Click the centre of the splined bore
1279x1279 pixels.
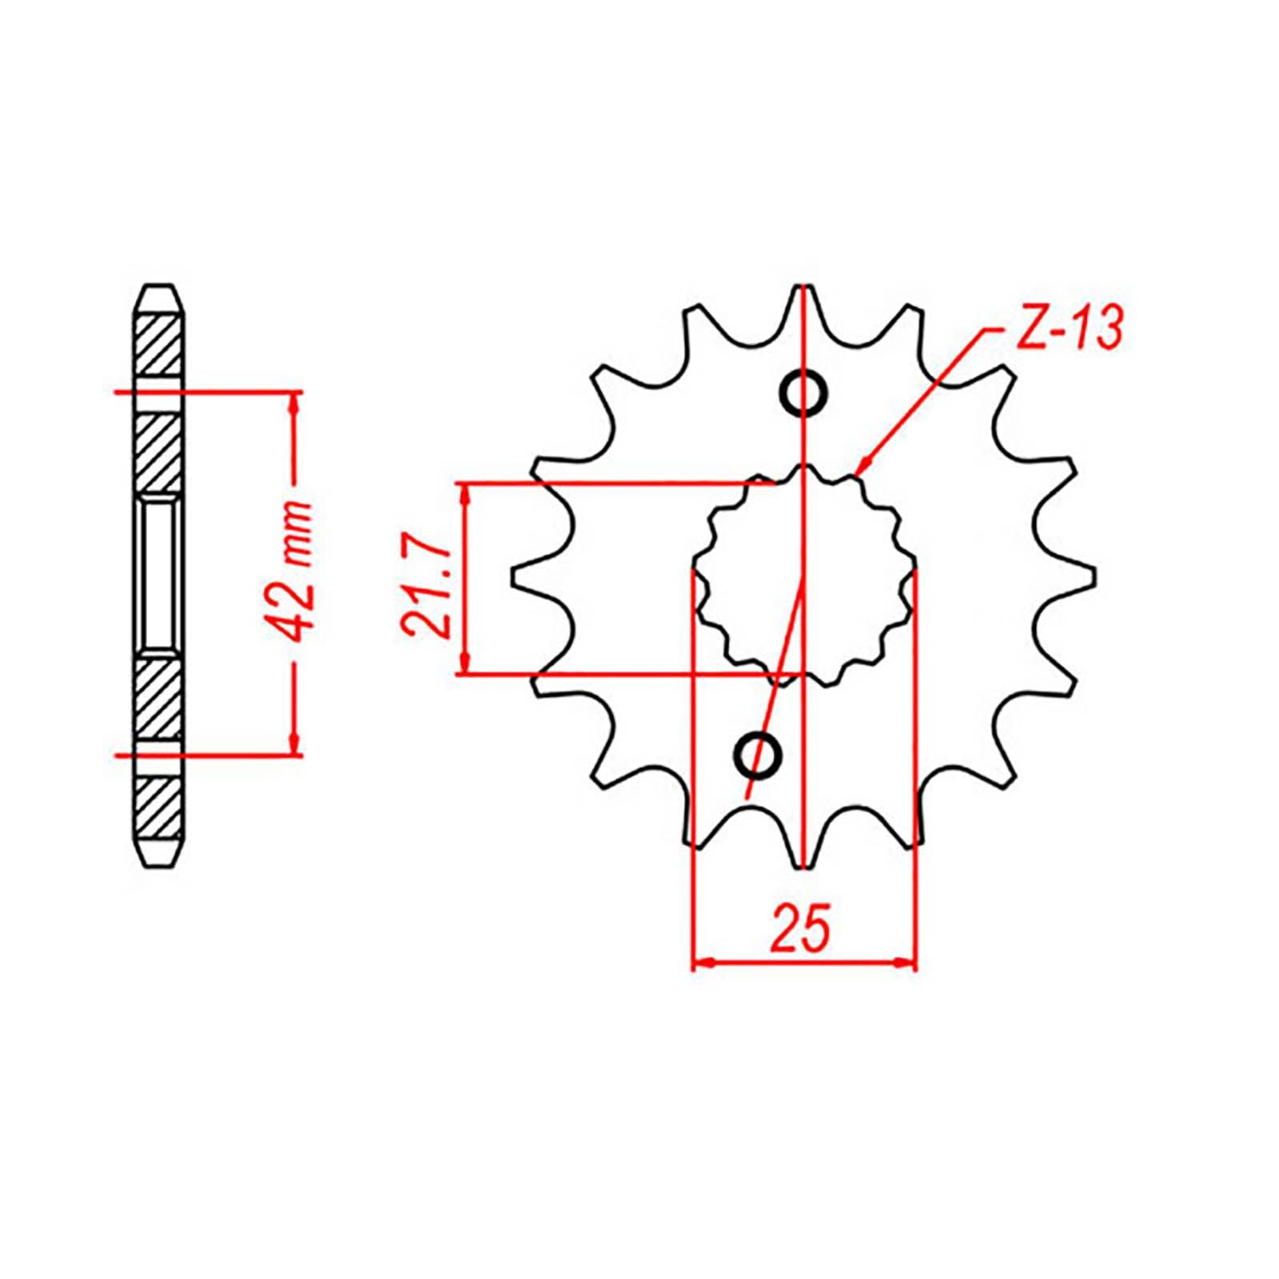803,576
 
